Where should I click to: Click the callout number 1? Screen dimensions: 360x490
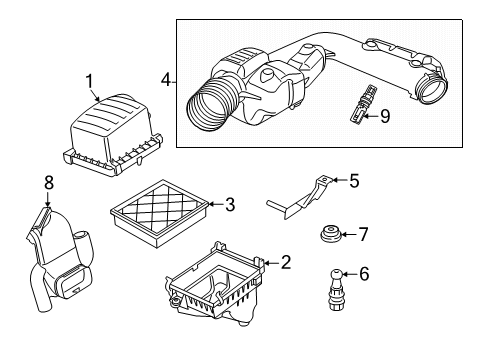coord(89,81)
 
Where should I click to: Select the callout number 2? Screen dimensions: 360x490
coord(285,263)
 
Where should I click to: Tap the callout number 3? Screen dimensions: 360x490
coord(229,205)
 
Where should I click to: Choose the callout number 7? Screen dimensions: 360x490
coord(363,235)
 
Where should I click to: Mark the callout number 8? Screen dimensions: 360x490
coord(47,183)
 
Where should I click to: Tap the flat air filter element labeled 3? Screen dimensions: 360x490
coord(159,211)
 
